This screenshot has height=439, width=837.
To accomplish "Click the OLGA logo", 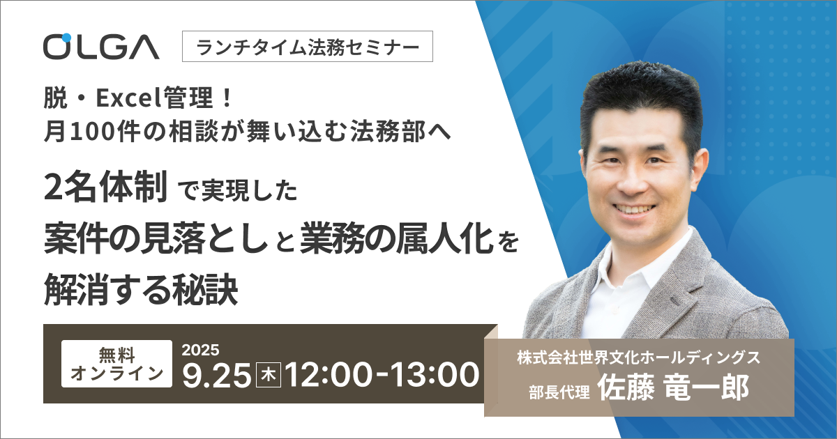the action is coord(101,47).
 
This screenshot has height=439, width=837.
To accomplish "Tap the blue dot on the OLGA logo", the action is coord(66,38).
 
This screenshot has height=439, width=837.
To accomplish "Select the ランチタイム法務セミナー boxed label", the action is coord(308,46).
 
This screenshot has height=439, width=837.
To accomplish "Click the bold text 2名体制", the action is coord(105,186).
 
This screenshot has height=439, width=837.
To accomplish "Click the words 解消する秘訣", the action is coord(141,289).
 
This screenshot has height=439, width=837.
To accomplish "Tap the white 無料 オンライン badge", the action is coord(116,364).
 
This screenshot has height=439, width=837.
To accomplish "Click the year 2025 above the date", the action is coord(200,350).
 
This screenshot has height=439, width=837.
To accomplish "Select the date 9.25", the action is coord(216,375).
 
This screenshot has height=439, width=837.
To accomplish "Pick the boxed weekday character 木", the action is coord(269,375).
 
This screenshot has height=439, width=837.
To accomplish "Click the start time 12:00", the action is coord(329,375).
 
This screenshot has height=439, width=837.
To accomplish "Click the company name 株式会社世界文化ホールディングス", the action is coord(639,357).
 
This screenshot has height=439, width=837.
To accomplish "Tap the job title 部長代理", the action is coord(559,392).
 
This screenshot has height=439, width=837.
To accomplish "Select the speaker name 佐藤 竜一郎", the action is coord(673,387).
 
